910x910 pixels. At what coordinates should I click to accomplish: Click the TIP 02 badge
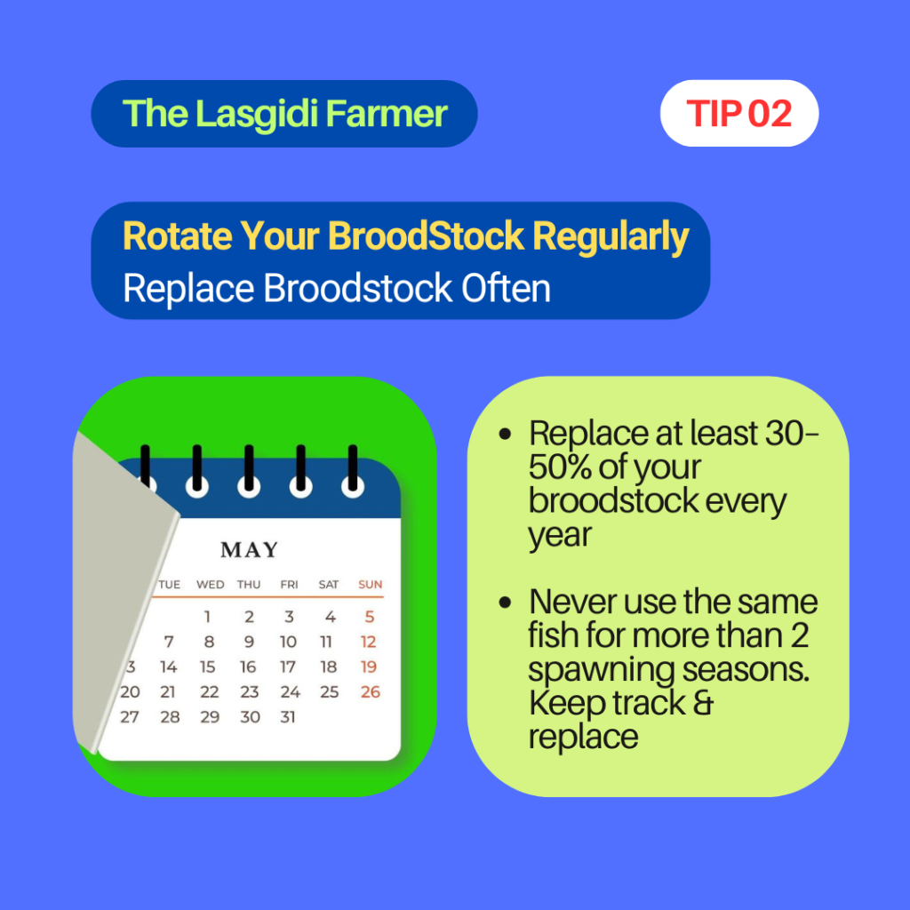coord(738,113)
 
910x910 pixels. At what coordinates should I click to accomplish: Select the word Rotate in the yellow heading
coord(177,236)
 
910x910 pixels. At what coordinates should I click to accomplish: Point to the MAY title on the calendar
coord(250,549)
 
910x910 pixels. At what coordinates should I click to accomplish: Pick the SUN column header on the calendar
coord(371,585)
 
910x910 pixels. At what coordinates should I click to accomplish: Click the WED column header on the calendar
coord(210,585)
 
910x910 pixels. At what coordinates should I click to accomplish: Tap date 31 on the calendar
coord(288,717)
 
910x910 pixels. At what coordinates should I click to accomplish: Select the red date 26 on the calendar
coord(371,691)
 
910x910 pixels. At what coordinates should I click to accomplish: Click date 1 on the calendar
coord(207,617)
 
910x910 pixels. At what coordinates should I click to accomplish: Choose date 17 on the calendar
coord(288,667)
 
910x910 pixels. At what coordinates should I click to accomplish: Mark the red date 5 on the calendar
coord(370,617)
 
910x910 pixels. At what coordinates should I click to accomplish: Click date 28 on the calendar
coord(170,717)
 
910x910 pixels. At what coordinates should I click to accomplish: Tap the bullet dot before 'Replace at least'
coord(505,434)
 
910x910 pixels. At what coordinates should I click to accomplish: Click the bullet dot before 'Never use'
coord(505,603)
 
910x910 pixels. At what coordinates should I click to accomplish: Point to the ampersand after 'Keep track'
coord(703,703)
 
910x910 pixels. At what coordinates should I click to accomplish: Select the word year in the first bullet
coord(560,536)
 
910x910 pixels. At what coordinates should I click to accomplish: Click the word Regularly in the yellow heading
coord(611,237)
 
